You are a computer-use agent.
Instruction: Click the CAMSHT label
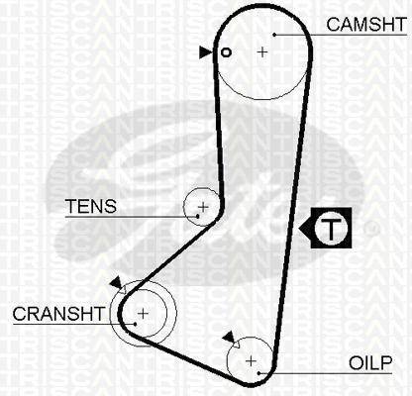[366, 25]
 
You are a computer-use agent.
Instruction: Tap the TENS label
[91, 206]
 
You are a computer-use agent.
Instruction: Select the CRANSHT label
[58, 314]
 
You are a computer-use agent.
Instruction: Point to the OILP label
[370, 363]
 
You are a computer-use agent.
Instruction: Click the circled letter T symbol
[331, 228]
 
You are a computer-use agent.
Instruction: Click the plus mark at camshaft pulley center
[262, 51]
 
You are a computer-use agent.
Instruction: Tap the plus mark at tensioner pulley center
[203, 207]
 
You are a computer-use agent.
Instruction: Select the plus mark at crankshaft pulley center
[143, 313]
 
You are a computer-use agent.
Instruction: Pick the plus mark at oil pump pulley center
[252, 361]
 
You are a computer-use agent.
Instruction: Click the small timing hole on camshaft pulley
[226, 52]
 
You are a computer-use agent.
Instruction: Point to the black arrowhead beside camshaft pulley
[205, 52]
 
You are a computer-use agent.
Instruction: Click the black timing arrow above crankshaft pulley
[117, 283]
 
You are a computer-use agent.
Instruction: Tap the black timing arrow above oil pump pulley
[230, 338]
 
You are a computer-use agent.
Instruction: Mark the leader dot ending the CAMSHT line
[274, 35]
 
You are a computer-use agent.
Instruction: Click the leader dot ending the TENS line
[198, 217]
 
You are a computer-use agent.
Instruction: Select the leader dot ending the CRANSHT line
[136, 324]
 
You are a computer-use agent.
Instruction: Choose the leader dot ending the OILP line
[259, 373]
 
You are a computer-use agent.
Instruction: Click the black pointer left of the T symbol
[305, 228]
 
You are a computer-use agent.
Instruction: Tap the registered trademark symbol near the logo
[370, 230]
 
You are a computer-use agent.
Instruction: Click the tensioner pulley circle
[183, 207]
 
